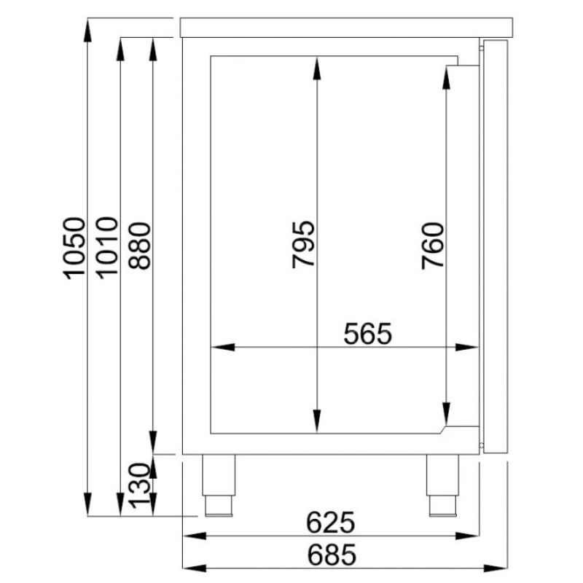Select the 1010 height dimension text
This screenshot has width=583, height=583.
(x=107, y=247)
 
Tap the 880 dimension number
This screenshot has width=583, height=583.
(x=139, y=246)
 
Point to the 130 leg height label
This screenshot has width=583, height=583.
(x=139, y=485)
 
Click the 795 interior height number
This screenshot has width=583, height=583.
(x=303, y=245)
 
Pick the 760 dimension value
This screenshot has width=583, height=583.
(x=433, y=246)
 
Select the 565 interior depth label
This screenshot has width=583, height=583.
(x=368, y=334)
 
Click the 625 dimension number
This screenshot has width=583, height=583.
(x=331, y=523)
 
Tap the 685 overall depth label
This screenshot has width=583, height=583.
(x=332, y=555)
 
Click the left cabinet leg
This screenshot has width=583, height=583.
(x=219, y=485)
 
